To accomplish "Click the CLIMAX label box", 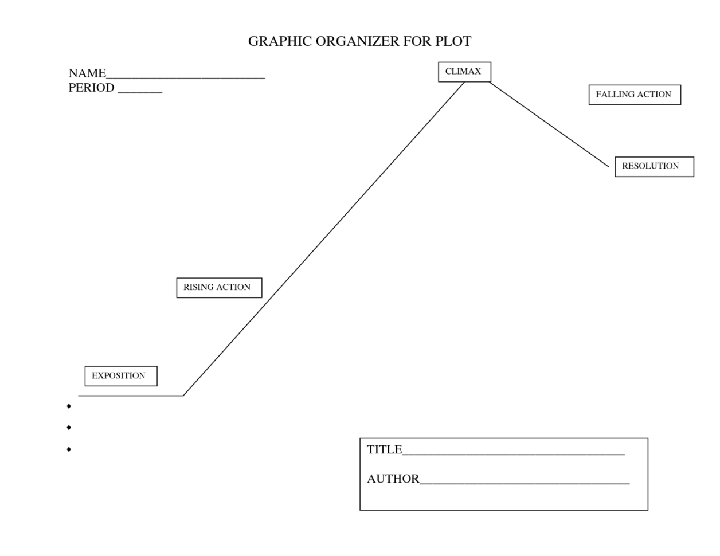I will point(464,72).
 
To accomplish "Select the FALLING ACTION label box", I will point(635,95).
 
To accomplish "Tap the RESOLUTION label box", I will point(654,166).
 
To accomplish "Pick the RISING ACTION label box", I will point(219,287).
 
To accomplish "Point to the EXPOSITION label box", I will point(120,376).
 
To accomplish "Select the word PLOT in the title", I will point(453,41).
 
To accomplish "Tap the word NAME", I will point(87,73).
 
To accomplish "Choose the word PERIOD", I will point(91,88).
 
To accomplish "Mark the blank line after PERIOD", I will point(140,91).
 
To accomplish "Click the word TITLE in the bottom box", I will point(384,450).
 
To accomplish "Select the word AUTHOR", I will point(393,479).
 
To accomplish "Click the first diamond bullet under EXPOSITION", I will point(69,406).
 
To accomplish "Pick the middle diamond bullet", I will point(69,428).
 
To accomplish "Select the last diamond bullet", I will point(69,449).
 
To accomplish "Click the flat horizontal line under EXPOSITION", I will point(131,396).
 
